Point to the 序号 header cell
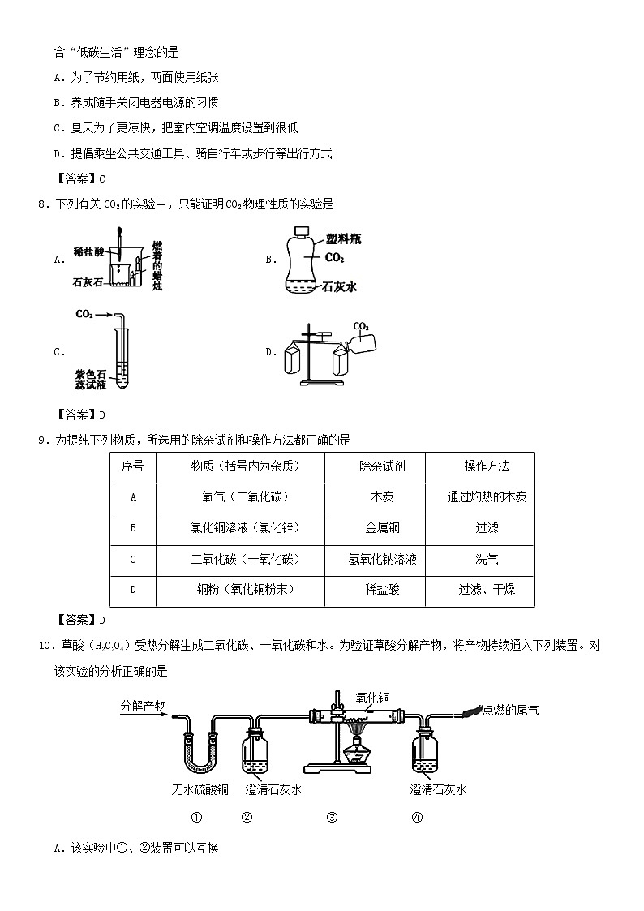point(132,466)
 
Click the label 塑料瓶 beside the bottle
point(343,238)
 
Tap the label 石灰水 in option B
point(340,286)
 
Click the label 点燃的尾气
point(510,708)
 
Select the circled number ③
point(332,817)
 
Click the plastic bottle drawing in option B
point(299,260)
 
